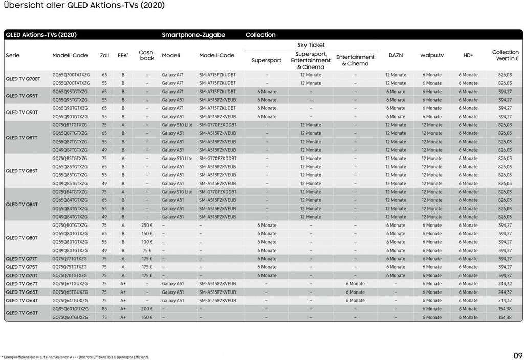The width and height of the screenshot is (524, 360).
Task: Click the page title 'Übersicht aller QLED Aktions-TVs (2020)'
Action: point(84,6)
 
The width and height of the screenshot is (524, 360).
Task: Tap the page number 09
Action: point(518,356)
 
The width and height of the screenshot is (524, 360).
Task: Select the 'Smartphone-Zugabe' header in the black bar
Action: point(193,35)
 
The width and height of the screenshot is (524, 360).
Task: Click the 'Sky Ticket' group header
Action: point(311,45)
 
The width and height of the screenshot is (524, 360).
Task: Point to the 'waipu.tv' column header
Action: point(432,55)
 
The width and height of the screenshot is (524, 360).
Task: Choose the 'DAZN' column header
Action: point(396,55)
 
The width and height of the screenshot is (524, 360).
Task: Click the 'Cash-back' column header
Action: point(147,55)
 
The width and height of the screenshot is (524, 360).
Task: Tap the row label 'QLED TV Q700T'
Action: point(23,79)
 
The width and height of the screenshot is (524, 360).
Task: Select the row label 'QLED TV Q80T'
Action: point(21,238)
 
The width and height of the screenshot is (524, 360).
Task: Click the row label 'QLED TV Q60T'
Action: point(21,313)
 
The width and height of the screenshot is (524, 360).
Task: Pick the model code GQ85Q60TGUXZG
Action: point(71,309)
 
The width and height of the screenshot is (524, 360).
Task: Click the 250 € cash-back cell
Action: point(147,225)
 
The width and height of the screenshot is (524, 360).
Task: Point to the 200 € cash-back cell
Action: point(147,309)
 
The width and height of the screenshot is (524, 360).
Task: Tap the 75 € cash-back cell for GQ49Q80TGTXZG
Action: point(147,251)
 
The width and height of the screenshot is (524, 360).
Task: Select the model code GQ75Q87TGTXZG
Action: point(70,125)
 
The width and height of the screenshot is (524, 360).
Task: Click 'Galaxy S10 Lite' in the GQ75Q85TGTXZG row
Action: point(177,159)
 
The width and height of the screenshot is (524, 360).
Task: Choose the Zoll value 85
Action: point(104,309)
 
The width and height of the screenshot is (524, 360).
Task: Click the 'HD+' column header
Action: point(468,55)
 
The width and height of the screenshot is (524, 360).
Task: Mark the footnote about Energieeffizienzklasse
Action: point(76,357)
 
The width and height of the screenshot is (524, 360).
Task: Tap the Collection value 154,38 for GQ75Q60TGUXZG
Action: point(505,317)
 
